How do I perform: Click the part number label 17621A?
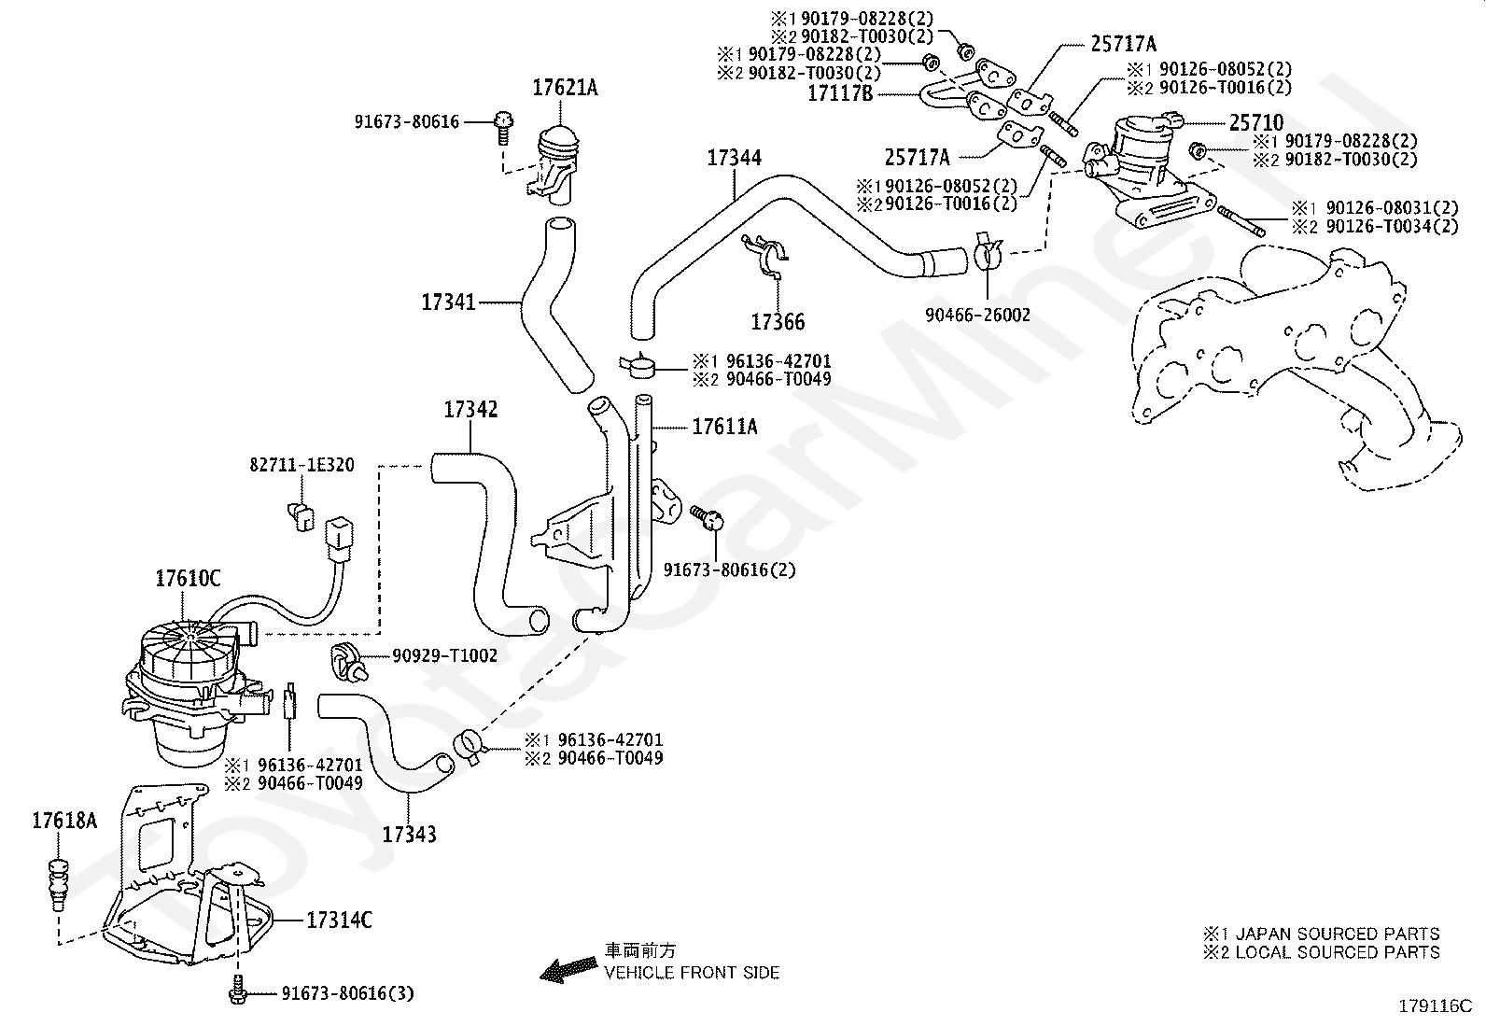[x=565, y=88]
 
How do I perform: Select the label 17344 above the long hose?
[x=734, y=158]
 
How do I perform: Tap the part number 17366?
[x=778, y=322]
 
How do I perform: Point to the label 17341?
[x=448, y=302]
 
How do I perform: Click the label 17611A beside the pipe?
[x=724, y=426]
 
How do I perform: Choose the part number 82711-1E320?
[x=301, y=465]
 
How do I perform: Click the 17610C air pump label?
[x=188, y=579]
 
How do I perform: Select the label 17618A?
[x=64, y=821]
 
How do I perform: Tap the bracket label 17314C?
[x=339, y=920]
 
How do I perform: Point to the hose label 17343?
[x=410, y=835]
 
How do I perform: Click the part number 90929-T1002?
[x=444, y=655]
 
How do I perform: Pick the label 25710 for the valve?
[x=1256, y=123]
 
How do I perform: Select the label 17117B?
[x=840, y=93]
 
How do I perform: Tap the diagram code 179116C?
[x=1435, y=1006]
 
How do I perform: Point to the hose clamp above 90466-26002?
[x=988, y=253]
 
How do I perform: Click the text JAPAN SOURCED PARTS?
[x=1338, y=934]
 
